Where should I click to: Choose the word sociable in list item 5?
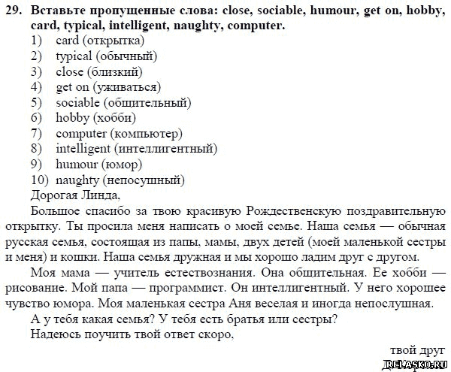[77, 103]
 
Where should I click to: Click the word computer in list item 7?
[81, 134]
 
